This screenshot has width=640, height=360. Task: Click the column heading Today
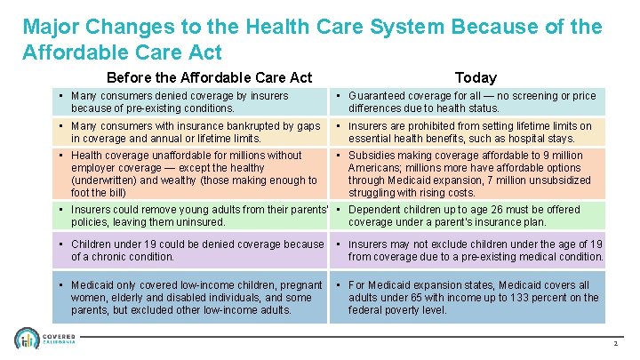point(476,77)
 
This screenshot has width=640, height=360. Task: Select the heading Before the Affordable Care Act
point(209,77)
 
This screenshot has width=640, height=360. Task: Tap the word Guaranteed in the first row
point(379,96)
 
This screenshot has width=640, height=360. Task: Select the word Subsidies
point(372,156)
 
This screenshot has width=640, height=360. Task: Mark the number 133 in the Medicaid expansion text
point(517,298)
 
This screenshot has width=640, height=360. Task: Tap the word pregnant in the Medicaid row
point(302,285)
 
